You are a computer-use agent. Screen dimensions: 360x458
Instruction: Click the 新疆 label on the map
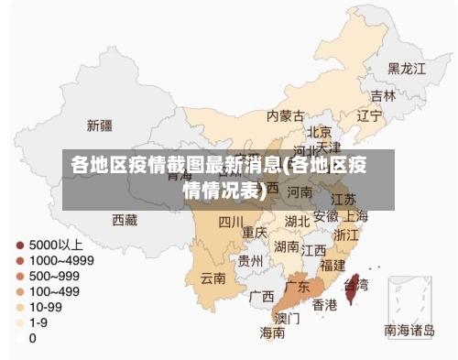coord(100,125)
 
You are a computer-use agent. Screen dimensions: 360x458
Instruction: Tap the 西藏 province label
coord(125,220)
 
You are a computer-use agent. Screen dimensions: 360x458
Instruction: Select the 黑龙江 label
coord(407,69)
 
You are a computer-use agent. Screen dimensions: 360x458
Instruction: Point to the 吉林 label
coord(383,95)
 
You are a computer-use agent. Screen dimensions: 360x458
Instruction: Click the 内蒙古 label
coord(286,116)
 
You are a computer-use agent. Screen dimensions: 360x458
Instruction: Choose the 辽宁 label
coord(369,115)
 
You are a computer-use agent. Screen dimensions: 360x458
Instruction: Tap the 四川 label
coord(231,222)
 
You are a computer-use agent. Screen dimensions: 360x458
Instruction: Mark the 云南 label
coord(213,278)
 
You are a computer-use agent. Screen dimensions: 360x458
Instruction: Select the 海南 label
coord(273,333)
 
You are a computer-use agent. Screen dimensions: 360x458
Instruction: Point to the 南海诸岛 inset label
coord(409,330)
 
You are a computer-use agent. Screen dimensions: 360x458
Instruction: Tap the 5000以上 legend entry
coord(55,245)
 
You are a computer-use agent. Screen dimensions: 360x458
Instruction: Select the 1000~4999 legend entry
coord(60,260)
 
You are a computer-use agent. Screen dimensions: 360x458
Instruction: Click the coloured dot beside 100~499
coord(19,291)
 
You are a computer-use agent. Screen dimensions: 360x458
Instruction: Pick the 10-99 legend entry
coord(46,307)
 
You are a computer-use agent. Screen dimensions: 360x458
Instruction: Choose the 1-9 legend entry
coord(39,322)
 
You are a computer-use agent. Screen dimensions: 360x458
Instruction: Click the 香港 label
coord(324,304)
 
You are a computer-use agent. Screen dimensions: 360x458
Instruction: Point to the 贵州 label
coord(250,261)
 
